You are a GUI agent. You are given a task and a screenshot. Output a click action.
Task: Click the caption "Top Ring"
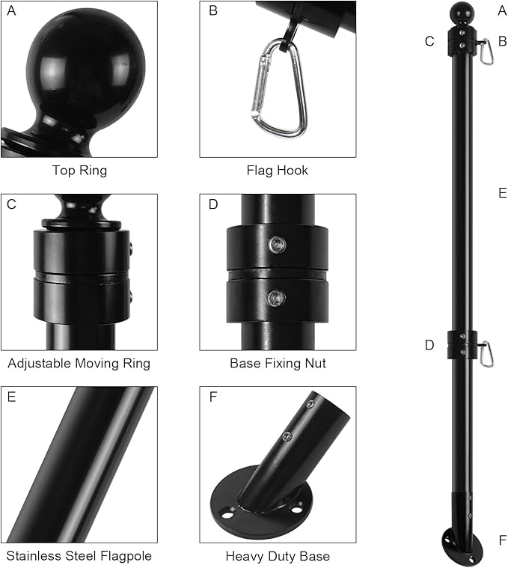[x=79, y=171]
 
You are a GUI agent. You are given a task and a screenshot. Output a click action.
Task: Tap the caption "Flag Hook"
[x=278, y=171]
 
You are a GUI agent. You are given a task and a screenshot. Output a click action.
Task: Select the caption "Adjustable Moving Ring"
[x=79, y=364]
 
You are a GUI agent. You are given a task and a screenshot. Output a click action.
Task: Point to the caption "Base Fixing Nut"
[x=278, y=364]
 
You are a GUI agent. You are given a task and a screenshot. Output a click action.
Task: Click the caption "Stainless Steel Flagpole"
[x=79, y=556]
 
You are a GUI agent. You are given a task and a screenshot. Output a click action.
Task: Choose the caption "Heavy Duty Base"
[x=278, y=556]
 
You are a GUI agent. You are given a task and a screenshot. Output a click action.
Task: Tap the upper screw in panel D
[x=277, y=245]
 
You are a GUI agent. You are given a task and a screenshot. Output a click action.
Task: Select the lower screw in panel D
[x=277, y=298]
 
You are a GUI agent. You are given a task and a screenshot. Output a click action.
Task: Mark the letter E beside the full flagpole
[x=502, y=193]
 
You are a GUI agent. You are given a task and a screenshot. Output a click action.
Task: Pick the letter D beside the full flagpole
[x=429, y=345]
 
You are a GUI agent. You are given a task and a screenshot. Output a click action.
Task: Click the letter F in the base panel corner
[x=213, y=397]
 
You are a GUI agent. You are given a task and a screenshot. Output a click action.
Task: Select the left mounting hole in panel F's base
[x=228, y=513]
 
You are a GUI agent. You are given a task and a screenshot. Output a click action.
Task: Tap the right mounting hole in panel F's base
[x=296, y=510]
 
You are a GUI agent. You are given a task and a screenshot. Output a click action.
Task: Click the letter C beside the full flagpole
[x=429, y=41]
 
